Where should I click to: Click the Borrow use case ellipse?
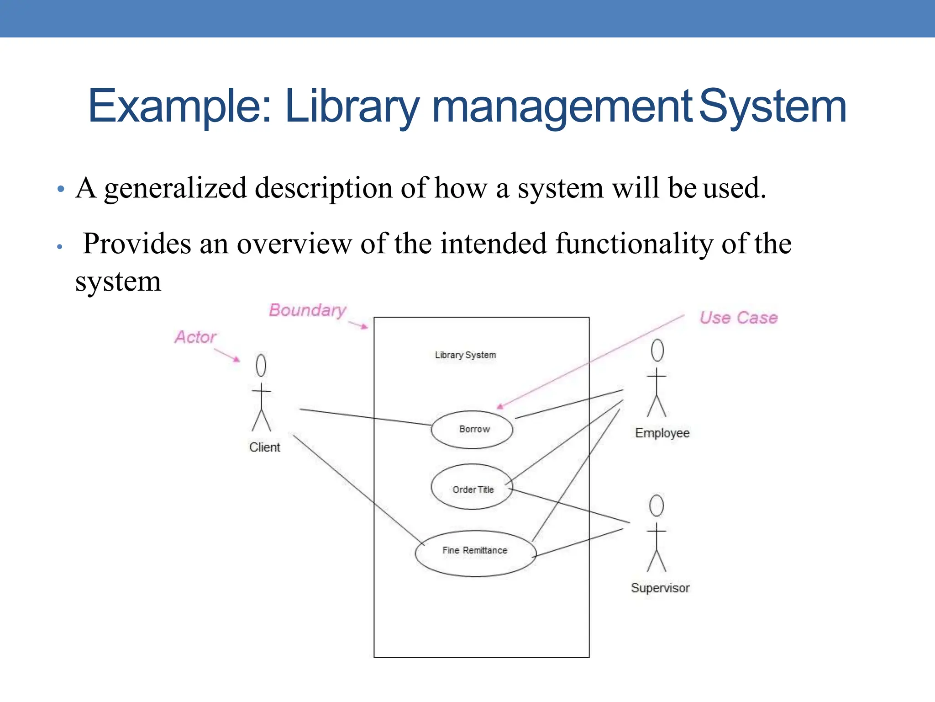pos(472,430)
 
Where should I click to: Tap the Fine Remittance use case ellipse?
pos(475,553)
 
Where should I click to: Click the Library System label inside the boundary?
pos(465,355)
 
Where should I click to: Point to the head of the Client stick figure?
pos(261,365)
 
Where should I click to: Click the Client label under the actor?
pos(264,447)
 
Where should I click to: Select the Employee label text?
pos(662,433)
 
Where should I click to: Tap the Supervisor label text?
pos(660,588)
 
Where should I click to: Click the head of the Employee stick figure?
pos(657,351)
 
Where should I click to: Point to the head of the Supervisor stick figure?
pos(657,505)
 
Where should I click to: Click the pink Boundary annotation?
pos(307,310)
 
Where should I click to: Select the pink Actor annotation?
pos(195,337)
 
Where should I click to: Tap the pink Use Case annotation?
pos(738,318)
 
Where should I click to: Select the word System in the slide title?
pos(772,107)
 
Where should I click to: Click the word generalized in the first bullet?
pos(175,189)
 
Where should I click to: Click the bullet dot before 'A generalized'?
pos(61,189)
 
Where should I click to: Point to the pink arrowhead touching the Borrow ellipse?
pos(500,406)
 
